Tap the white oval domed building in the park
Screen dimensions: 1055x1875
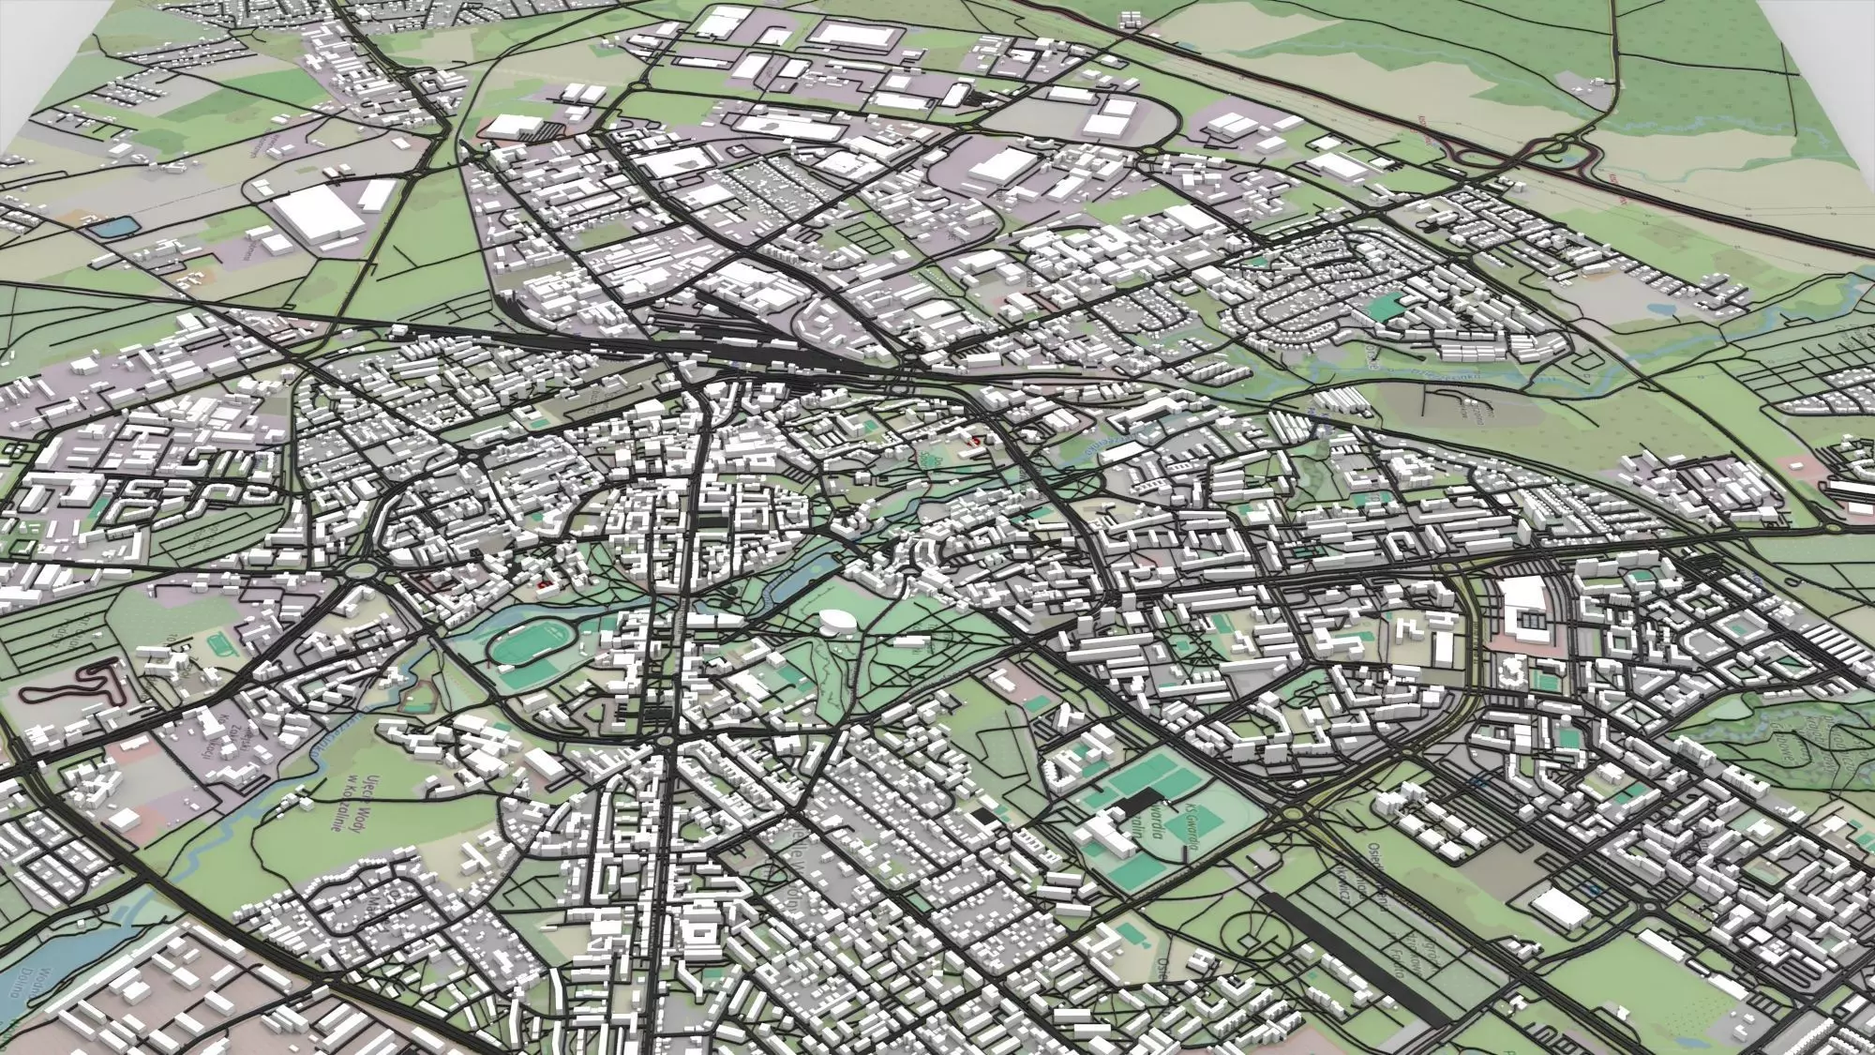(x=836, y=621)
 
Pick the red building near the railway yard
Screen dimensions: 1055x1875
(x=975, y=439)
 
